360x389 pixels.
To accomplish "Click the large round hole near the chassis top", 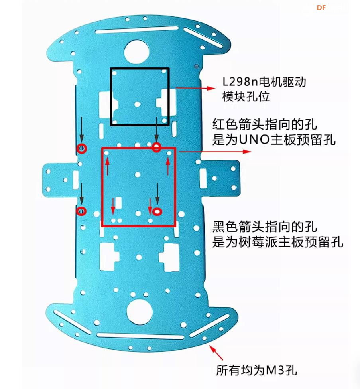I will pos(137,51).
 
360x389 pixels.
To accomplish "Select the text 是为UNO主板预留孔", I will pos(274,140).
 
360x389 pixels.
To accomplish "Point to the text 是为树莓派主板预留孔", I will pos(277,242).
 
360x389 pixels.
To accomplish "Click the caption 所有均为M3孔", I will pos(256,371).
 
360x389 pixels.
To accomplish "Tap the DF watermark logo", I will pos(321,8).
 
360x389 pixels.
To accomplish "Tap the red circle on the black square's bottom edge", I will pos(157,148).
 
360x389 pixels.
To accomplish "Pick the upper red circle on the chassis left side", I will pos(82,148).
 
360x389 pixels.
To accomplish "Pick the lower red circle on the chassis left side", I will pos(81,211).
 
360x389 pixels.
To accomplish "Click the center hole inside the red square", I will pos(138,174).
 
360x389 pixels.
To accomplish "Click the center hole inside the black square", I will pos(138,104).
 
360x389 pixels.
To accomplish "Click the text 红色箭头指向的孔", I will pos(265,124).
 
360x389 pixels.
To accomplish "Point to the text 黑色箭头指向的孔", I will pos(265,227).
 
